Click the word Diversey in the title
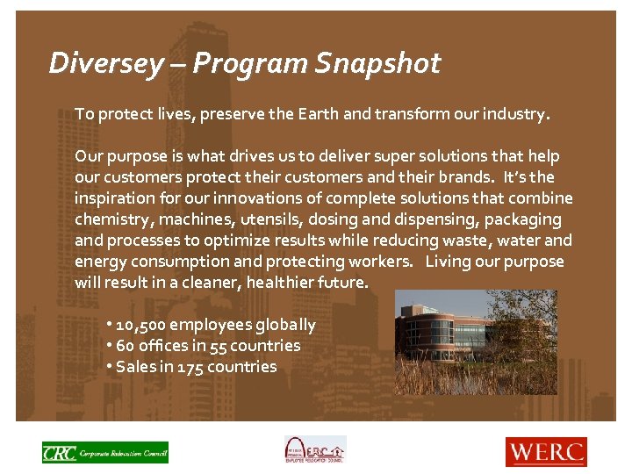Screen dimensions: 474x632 105,63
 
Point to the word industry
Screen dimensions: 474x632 516,114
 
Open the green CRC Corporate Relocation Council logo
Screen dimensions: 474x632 104,452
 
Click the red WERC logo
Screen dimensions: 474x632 545,452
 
